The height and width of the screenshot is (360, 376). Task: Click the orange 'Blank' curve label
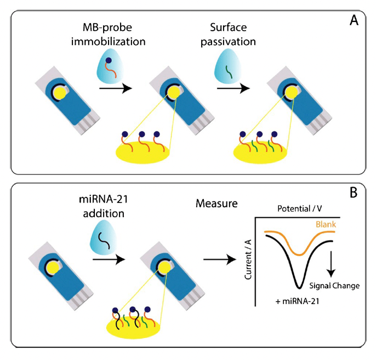pos(326,224)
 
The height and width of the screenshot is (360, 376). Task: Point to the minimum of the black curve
pos(298,286)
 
